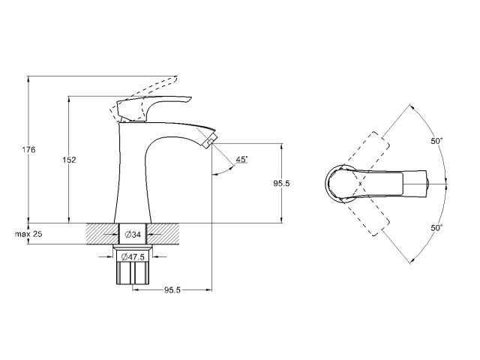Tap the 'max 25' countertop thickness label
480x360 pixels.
(x=28, y=235)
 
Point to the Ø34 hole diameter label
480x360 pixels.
(x=135, y=235)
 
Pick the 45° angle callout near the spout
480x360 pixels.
(x=242, y=160)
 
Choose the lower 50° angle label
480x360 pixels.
(x=436, y=226)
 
